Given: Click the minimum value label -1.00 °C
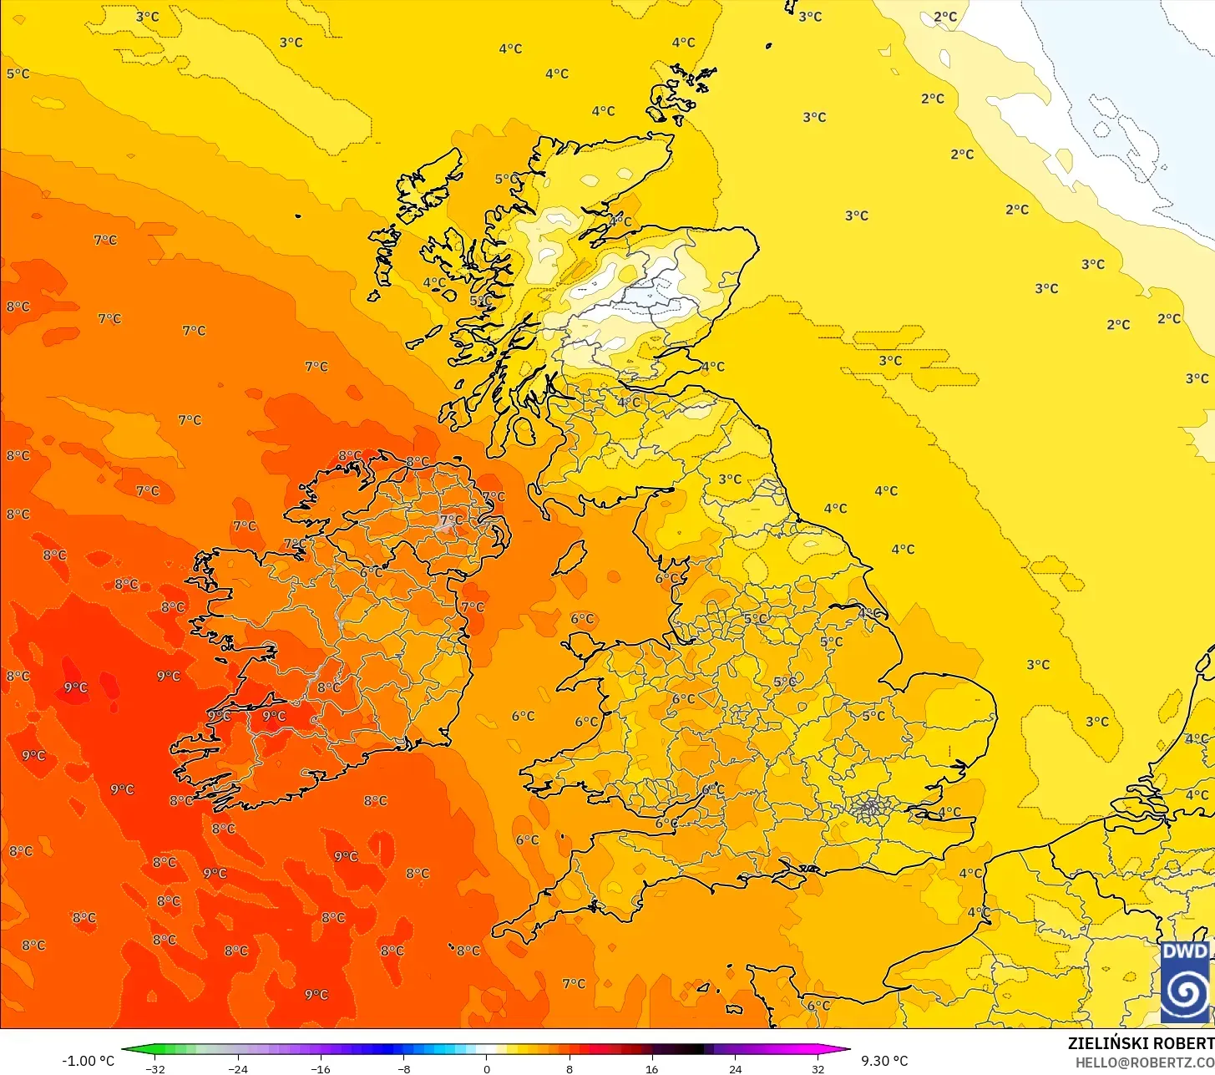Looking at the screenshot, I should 89,1061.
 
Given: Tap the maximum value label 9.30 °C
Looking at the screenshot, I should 884,1061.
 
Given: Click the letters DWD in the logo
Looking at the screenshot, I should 1185,951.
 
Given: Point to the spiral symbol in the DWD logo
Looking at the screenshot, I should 1185,991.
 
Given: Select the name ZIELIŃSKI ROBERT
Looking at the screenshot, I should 1141,1043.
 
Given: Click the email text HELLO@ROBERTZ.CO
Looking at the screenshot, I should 1144,1062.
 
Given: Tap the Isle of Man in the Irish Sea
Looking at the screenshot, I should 570,557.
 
